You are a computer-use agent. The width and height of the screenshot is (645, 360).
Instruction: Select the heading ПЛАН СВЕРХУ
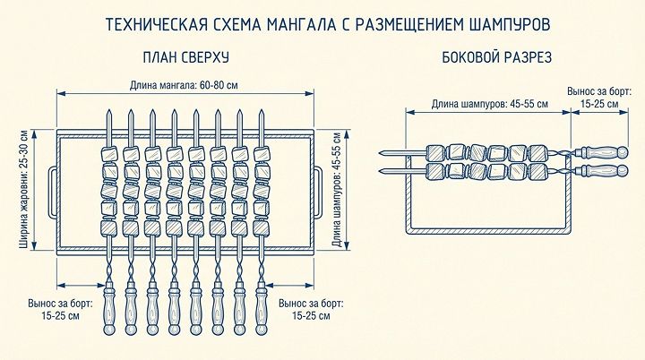pyautogui.click(x=186, y=57)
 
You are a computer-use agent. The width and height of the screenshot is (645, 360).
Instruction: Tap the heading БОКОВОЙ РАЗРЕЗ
pyautogui.click(x=496, y=57)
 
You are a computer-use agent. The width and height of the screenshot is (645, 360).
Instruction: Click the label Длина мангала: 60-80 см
pyautogui.click(x=185, y=85)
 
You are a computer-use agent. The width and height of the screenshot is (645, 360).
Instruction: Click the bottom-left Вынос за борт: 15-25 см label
pyautogui.click(x=61, y=309)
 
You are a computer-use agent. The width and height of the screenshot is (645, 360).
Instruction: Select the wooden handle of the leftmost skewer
pyautogui.click(x=108, y=310)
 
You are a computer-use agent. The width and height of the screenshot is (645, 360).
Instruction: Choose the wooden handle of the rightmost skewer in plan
pyautogui.click(x=262, y=310)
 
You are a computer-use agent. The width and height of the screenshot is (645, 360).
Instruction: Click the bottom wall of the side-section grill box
pyautogui.click(x=489, y=233)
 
